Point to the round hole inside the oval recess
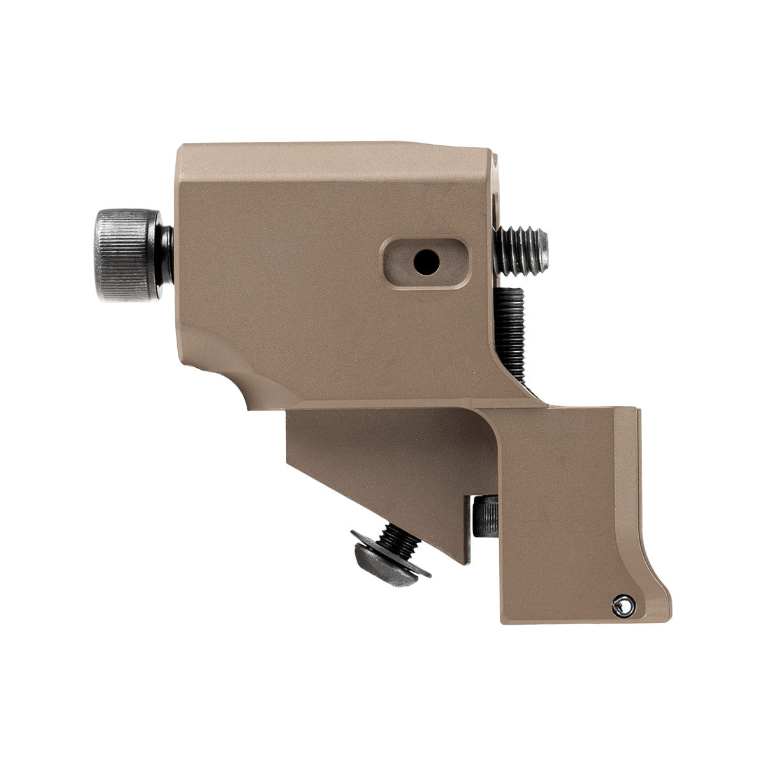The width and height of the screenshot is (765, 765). click(x=421, y=259)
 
